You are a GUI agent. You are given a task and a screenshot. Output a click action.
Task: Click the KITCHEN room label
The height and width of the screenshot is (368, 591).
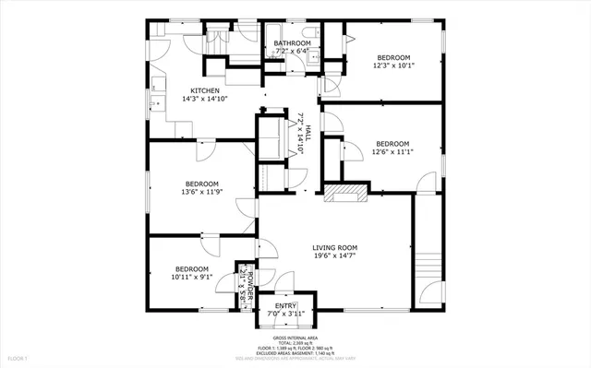[x=205, y=90]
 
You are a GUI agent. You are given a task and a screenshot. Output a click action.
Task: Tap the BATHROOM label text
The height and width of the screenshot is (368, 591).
[x=291, y=42]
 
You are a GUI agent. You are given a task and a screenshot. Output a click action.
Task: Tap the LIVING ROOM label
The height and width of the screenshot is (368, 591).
[x=334, y=247]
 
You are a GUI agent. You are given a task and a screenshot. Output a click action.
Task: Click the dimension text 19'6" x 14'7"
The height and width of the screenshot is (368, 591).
[x=334, y=257]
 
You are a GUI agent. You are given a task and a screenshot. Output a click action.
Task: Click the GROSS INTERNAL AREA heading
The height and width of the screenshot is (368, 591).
[x=295, y=338]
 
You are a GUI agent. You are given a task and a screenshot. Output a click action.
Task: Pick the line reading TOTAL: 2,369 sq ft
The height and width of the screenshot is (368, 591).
[x=295, y=344]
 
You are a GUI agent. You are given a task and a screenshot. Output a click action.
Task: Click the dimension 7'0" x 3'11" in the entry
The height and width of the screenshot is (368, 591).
[x=284, y=314]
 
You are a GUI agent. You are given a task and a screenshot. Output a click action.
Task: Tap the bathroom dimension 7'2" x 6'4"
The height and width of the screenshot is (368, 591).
[x=291, y=52]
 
